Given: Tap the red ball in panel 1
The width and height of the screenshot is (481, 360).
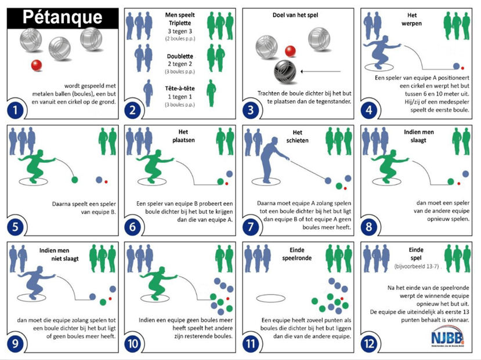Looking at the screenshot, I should [x=36, y=64].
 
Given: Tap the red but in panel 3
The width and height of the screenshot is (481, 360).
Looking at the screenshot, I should [x=291, y=50].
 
